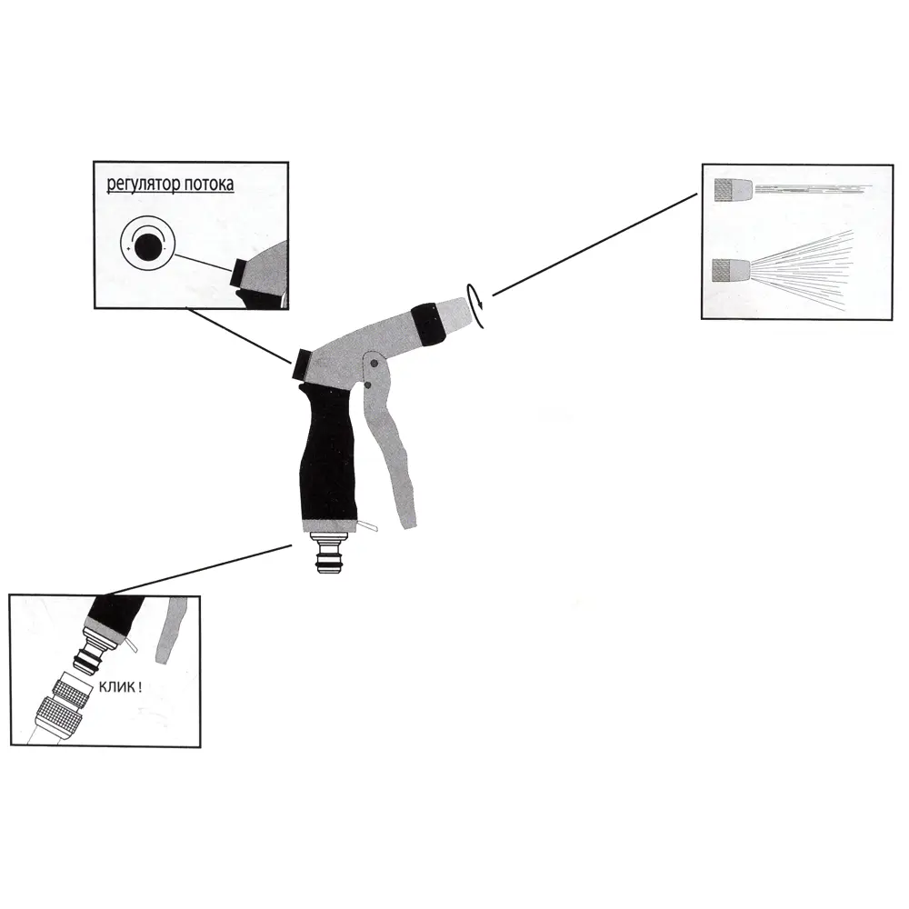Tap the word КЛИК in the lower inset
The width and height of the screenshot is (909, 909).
(x=117, y=687)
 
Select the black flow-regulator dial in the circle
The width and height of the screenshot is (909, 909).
(x=146, y=248)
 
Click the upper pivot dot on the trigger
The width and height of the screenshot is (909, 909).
(x=374, y=364)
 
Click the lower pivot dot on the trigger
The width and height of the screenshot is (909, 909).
(x=367, y=385)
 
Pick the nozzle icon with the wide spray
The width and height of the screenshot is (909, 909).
(x=731, y=271)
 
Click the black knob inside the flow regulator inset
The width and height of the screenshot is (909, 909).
(x=243, y=273)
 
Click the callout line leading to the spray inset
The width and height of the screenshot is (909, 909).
(x=594, y=245)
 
